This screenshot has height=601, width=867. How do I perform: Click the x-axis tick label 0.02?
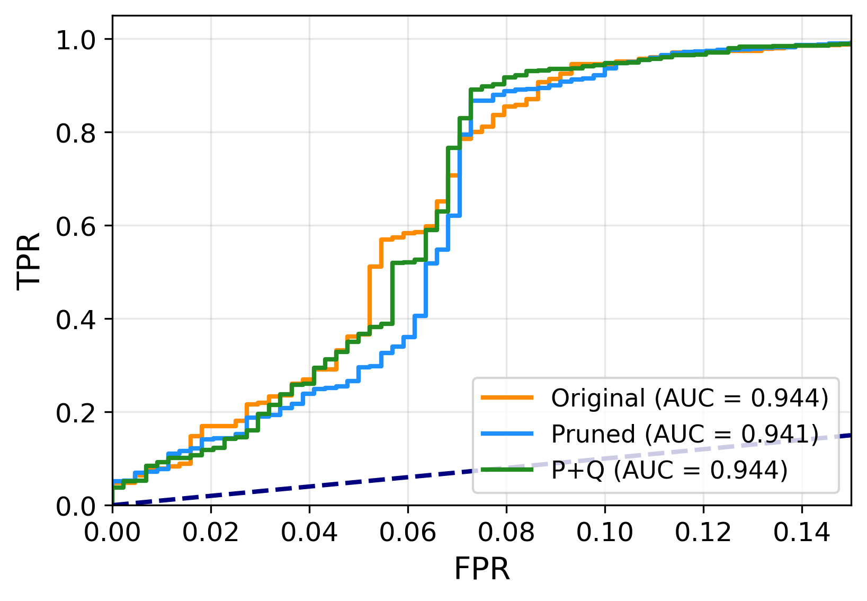[211, 533]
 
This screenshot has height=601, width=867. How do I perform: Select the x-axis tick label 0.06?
[408, 533]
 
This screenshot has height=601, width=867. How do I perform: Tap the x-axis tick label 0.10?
[604, 533]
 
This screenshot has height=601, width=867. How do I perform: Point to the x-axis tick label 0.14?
[801, 533]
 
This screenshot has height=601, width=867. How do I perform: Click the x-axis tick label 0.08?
[506, 533]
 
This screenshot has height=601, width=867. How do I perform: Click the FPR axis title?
[481, 570]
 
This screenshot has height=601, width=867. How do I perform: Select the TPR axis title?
[29, 260]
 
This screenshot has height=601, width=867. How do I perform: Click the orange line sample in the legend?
[507, 397]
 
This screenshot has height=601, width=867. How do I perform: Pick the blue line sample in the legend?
[507, 434]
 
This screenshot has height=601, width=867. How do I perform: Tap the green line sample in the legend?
[507, 470]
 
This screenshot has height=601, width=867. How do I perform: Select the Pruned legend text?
[593, 434]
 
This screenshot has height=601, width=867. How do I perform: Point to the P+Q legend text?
[577, 470]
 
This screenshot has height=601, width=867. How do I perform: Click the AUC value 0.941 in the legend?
[774, 434]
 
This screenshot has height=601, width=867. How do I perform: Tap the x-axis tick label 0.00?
[113, 533]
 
